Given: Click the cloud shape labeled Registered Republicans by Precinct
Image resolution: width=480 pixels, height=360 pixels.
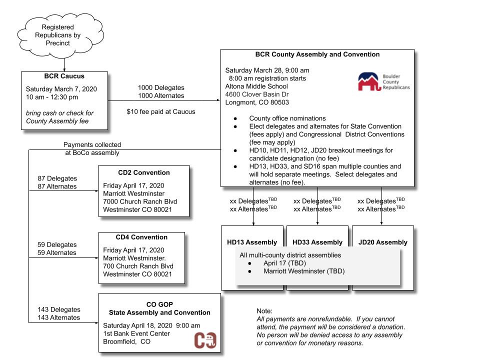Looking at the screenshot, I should click(57, 35).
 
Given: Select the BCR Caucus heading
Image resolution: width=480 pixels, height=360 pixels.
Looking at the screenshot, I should click(64, 76).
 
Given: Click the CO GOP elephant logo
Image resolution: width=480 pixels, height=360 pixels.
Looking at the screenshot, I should click(205, 340).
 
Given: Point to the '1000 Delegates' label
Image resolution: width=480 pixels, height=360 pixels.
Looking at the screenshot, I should click(161, 87).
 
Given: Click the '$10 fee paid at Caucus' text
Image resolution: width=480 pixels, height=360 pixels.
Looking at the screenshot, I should click(161, 111).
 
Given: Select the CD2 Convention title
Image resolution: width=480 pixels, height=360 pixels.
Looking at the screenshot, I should click(144, 172).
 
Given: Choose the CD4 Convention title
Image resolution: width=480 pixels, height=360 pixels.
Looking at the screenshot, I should click(141, 237).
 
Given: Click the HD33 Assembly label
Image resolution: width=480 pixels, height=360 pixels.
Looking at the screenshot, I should click(317, 242).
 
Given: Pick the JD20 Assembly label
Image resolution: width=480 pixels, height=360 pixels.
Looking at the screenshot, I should click(383, 242).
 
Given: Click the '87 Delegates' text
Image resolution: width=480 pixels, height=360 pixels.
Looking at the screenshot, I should click(57, 178).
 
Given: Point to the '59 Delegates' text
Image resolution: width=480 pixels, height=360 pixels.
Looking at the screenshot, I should click(57, 244).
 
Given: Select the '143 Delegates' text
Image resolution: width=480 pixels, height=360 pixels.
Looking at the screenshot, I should click(58, 309).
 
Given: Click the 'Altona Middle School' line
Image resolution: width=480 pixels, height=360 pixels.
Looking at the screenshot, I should click(256, 86).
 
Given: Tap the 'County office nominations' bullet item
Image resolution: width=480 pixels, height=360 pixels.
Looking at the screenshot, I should click(287, 118).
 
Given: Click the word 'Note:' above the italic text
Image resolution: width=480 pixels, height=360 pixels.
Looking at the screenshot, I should click(264, 311).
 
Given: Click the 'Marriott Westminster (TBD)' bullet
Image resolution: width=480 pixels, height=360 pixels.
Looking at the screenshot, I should click(304, 271).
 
